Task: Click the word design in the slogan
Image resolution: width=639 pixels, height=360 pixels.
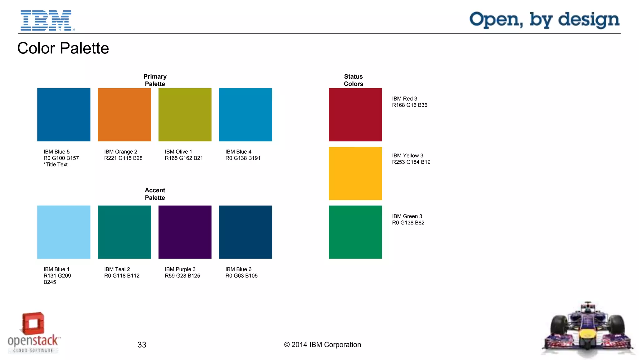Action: coord(588,20)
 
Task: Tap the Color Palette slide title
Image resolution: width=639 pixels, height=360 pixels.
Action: coord(63,48)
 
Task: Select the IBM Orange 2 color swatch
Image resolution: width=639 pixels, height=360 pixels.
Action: coord(124,115)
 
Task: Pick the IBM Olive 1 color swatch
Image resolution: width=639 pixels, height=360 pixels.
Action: coord(185,115)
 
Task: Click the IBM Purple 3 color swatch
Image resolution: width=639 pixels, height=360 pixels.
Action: coord(185,232)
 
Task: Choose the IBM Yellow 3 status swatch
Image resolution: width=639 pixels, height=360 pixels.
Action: coord(355,173)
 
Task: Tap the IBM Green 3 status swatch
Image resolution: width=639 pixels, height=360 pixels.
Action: coord(355,232)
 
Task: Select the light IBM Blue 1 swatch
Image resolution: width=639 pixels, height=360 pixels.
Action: coord(64,232)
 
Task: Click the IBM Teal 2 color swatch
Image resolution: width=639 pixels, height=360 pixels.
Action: coord(124,232)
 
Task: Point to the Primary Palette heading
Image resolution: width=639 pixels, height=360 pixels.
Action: coord(155,80)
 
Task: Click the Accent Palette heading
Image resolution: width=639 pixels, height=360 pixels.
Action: coord(155,194)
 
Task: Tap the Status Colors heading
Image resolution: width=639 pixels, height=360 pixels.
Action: coord(353,80)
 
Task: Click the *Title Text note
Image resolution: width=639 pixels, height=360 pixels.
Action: coord(56,165)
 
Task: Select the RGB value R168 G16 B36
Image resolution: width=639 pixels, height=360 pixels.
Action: coord(409,105)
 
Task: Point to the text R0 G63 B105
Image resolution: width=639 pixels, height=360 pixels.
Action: coord(241,276)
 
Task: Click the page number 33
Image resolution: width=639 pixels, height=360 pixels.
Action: coord(142,345)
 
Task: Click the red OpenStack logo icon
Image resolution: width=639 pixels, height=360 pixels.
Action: coord(33,323)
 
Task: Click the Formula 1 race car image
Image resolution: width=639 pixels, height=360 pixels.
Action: coord(588,331)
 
